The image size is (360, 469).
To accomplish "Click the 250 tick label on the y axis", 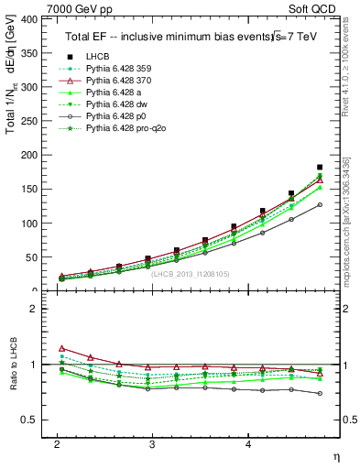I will point(30,121).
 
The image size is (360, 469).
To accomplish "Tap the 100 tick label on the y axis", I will point(30,224).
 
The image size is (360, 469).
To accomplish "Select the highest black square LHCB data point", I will point(320,168).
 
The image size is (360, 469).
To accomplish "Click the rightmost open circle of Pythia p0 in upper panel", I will point(320,204).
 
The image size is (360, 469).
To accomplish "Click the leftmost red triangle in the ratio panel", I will point(61,348).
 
